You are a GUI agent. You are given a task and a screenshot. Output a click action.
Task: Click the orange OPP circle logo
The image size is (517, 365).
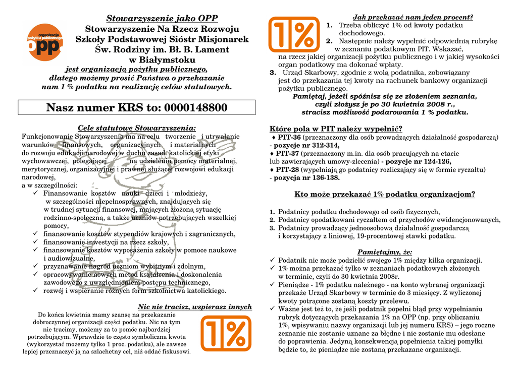pos(44,42)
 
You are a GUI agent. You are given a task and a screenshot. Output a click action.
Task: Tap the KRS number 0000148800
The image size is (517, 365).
pos(195,108)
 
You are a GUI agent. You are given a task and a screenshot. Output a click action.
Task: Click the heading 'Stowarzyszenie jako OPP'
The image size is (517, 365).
pos(162,19)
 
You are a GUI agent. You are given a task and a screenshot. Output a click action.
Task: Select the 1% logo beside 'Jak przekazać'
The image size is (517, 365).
pos(293,34)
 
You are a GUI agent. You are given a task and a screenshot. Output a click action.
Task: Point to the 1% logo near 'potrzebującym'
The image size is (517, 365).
pos(226,333)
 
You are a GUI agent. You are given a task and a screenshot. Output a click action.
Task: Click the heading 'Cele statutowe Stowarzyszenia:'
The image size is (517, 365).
pos(137,128)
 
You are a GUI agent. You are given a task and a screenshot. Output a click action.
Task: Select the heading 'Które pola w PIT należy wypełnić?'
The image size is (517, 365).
pos(336,129)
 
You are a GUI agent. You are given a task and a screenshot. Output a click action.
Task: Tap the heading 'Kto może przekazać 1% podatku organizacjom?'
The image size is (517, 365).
pos(384,194)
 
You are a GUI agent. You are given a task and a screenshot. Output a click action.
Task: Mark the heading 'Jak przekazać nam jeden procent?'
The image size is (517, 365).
pos(412,17)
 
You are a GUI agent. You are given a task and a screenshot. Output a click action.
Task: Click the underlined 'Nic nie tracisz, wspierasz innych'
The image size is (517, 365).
pos(195,307)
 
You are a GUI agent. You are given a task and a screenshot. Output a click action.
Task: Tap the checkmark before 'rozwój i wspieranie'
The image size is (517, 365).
pos(35,290)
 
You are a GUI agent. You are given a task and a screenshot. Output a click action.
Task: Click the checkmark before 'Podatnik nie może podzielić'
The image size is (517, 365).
pos(272,260)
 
